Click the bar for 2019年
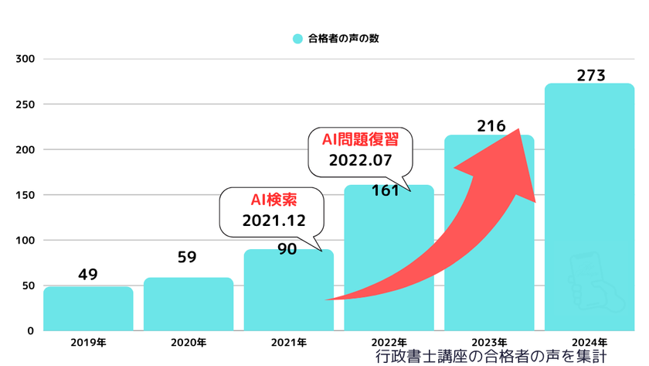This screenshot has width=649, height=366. coord(88,309)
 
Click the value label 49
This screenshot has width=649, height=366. coord(88,275)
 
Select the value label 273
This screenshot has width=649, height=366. coord(590,75)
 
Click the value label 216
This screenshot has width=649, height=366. coord(490,125)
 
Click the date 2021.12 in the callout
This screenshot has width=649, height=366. coord(264,221)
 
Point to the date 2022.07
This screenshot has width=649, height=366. coord(360,162)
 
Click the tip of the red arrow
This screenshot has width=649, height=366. coord(519,130)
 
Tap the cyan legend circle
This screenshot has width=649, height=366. coord(297,38)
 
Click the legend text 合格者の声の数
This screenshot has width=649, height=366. coord(343,38)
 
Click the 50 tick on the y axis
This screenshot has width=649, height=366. coord(27,286)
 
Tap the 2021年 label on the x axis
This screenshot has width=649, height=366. coord(288,342)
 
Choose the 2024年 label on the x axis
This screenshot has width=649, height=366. coord(590,342)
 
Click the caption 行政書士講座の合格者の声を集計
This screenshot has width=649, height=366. coord(490,357)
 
